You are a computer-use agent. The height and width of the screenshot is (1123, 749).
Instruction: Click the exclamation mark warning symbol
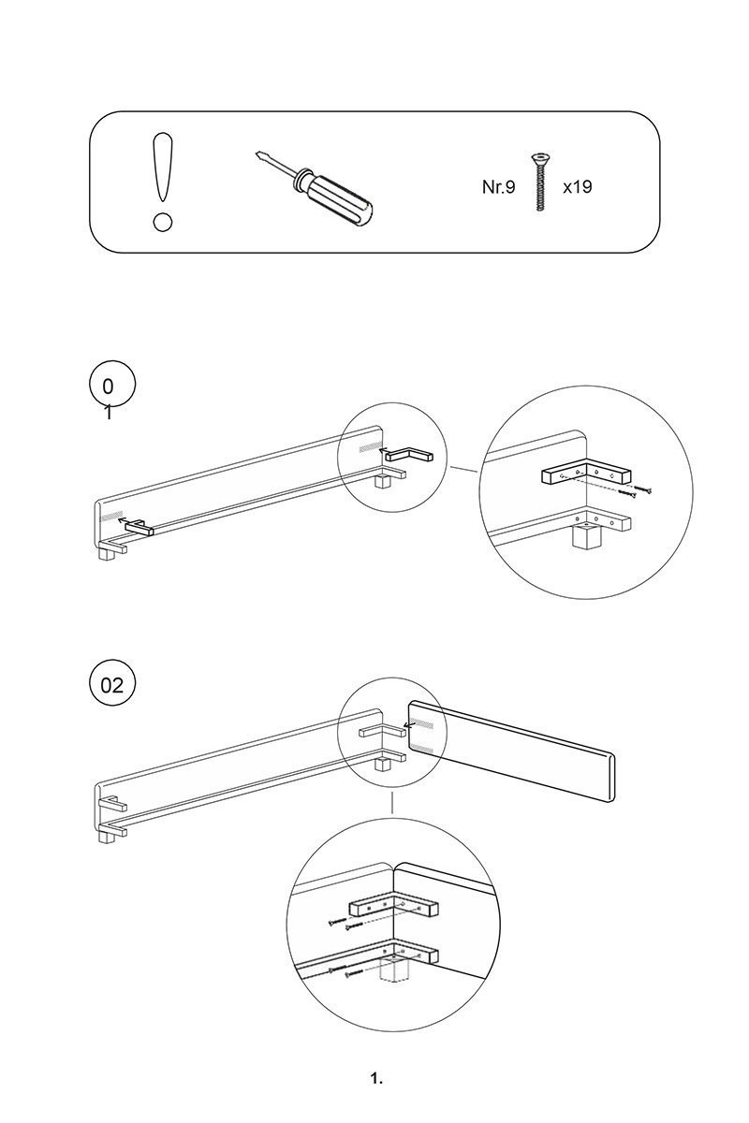click(x=163, y=182)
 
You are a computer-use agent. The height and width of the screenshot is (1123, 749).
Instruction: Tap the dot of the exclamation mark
click(x=163, y=223)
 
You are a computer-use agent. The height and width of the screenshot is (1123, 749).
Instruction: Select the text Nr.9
click(x=498, y=187)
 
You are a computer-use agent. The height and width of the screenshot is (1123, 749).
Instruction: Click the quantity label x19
click(x=577, y=187)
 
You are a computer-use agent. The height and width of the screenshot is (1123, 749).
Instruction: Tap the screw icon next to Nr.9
click(x=539, y=182)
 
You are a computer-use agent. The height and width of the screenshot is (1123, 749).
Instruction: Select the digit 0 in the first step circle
click(x=108, y=386)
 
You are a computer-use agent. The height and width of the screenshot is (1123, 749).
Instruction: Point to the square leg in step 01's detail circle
click(x=584, y=537)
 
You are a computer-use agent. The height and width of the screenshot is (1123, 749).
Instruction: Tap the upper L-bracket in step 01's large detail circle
click(x=585, y=475)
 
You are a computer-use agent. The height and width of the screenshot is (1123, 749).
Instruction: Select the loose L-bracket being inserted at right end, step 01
click(x=408, y=454)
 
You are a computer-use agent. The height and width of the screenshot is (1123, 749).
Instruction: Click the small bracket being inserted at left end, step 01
click(x=138, y=529)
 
